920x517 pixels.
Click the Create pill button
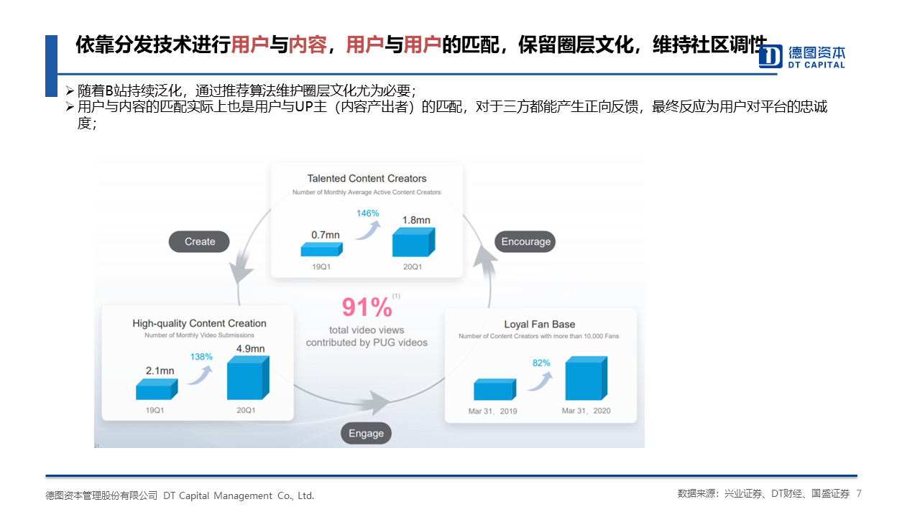point(199,242)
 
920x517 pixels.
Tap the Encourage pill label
point(525,242)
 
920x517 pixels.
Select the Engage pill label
point(366,433)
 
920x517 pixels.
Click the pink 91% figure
point(367,307)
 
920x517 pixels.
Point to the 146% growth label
point(367,213)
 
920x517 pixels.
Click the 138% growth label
point(201,357)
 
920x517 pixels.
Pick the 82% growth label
point(541,363)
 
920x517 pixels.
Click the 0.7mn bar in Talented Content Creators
point(321,249)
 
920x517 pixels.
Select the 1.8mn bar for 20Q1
point(413,242)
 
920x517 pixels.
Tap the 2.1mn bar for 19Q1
point(157,389)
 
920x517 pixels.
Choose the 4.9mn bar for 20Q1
point(248,378)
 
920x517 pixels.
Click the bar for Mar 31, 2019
point(495,389)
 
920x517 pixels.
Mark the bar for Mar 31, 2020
point(586,378)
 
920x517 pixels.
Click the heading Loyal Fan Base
point(539,324)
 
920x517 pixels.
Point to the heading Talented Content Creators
point(367,179)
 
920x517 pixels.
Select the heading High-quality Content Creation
point(199,323)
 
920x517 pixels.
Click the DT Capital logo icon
point(770,56)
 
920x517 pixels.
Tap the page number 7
point(858,493)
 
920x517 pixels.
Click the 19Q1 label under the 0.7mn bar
point(321,266)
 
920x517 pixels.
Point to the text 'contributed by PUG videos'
point(367,343)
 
